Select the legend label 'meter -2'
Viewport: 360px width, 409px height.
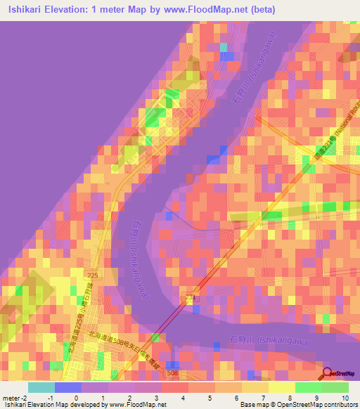pyautogui.click(x=14, y=398)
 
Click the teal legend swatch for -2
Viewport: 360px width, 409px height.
pyautogui.click(x=41, y=387)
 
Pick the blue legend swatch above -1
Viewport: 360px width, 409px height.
pyautogui.click(x=67, y=387)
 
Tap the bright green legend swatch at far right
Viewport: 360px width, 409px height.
pyautogui.click(x=335, y=387)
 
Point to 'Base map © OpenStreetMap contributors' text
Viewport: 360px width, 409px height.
pyautogui.click(x=297, y=405)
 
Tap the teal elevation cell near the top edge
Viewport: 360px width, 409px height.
pyautogui.click(x=224, y=47)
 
